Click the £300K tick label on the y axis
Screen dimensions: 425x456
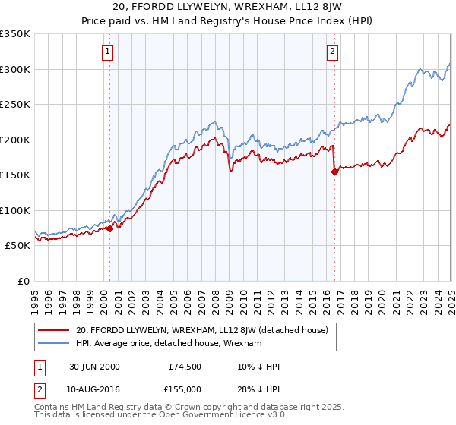coord(15,69)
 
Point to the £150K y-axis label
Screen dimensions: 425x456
coord(15,175)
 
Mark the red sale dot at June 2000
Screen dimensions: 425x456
coord(110,228)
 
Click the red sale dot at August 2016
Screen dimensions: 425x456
coord(334,172)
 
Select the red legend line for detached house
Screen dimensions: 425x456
coord(54,330)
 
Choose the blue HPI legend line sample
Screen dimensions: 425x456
coord(54,343)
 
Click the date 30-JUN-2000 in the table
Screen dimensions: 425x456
coord(94,367)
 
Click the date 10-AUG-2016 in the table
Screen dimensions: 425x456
coord(95,390)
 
